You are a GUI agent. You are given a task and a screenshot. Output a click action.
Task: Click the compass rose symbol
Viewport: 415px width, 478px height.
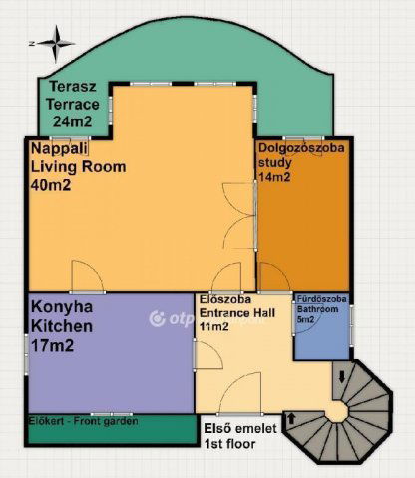coord(56,44)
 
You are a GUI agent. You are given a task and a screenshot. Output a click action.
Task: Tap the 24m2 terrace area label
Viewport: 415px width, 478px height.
coord(72,121)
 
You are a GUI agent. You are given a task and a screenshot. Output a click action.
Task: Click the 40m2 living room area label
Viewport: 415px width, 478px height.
coord(51,185)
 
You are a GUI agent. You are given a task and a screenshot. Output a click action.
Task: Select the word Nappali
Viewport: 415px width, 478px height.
coord(59,148)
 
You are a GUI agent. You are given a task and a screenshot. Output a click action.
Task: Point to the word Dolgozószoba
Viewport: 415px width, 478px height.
coord(301,148)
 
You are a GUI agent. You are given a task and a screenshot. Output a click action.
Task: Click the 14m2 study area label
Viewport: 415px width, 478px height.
coord(274,177)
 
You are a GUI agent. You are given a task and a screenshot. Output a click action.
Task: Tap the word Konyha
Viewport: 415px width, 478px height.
coord(62,307)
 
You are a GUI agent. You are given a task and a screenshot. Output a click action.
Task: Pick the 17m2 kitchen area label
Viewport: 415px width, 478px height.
coord(52,346)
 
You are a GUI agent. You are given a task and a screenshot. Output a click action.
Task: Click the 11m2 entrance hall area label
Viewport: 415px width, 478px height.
coord(213,327)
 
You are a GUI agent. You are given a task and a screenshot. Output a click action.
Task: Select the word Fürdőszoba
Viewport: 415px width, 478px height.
coord(321,299)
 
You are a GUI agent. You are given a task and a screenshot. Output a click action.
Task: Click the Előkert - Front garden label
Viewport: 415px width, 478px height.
coord(83,421)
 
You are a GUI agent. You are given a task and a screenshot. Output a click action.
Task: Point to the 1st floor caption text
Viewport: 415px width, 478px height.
coord(229,444)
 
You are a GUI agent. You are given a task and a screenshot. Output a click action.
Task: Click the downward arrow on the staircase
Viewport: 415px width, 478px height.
coord(342,377)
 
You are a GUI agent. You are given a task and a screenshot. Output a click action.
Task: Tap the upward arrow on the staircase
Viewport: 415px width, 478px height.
coord(291,419)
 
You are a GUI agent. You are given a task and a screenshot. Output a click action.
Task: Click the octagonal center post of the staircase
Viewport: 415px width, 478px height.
coord(337,413)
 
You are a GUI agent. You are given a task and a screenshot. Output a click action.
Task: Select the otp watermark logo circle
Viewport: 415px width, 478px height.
coord(157,319)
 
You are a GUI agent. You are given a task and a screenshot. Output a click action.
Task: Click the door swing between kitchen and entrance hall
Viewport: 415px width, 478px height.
coord(208,355)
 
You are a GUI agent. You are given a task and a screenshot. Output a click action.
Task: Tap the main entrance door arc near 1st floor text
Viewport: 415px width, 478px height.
coord(240,393)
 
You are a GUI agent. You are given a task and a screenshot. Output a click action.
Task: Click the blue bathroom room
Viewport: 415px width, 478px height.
coord(322,327)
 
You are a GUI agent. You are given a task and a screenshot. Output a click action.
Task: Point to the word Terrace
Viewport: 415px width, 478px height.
coord(73,105)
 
